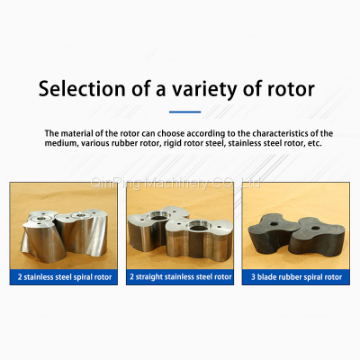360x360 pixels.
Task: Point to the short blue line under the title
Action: (184, 112)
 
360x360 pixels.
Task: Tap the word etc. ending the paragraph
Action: (303, 143)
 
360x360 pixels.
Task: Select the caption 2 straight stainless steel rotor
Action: (180, 277)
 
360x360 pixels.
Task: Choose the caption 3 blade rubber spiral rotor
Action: (296, 277)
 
